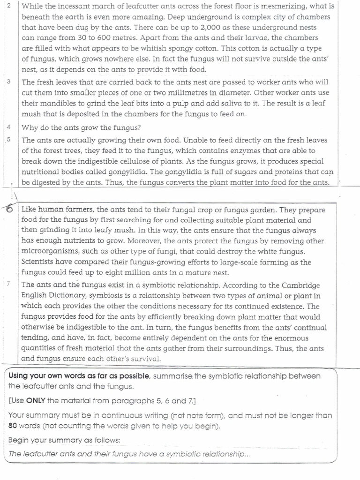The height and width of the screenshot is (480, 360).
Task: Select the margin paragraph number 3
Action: click(x=9, y=82)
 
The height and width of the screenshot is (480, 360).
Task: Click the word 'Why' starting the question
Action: click(x=29, y=128)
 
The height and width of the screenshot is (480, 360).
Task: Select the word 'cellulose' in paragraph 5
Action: click(x=149, y=161)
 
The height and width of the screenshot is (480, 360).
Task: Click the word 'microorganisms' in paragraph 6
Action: click(x=49, y=252)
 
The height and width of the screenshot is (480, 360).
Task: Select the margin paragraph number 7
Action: click(x=9, y=285)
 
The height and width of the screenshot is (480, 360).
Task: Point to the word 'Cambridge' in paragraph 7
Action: click(x=301, y=285)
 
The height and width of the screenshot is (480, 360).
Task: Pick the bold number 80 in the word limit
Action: click(x=13, y=426)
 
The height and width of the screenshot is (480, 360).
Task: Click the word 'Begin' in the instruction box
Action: click(x=19, y=440)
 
